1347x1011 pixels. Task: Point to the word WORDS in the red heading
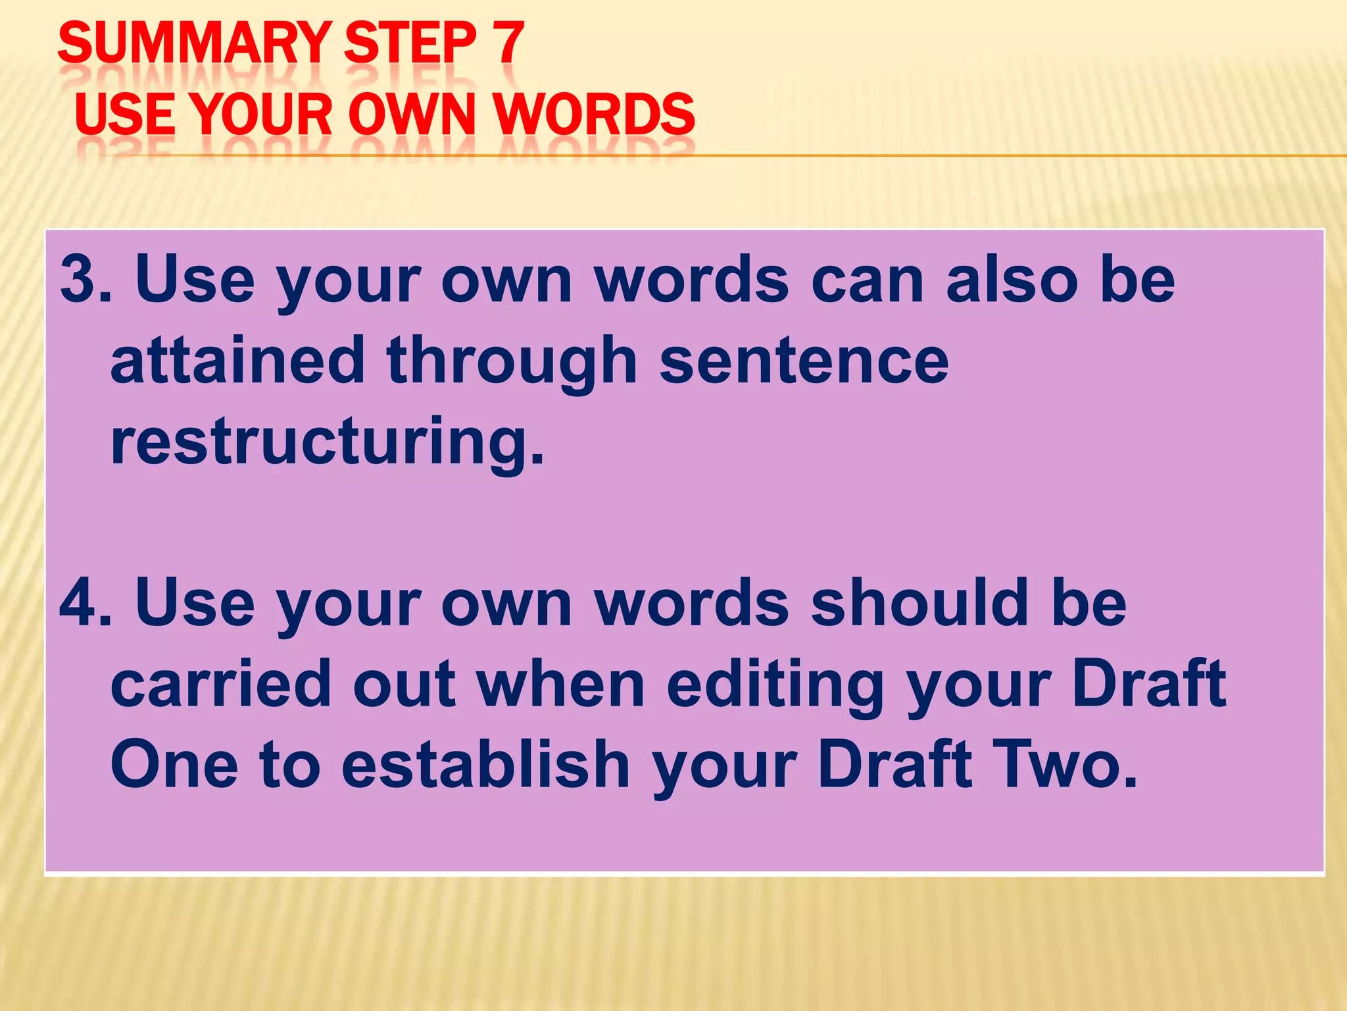point(595,115)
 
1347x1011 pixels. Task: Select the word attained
point(237,360)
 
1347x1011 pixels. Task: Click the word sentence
point(804,360)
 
